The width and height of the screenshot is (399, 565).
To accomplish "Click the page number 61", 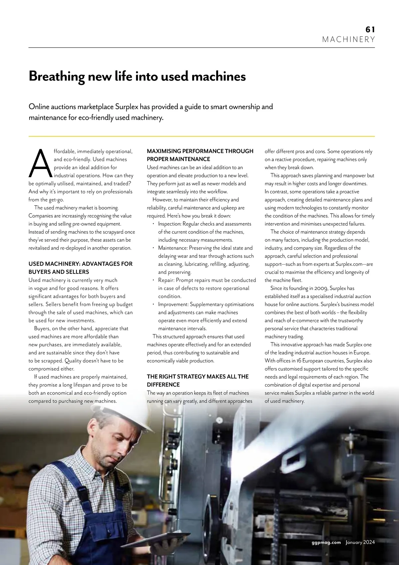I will [370, 29].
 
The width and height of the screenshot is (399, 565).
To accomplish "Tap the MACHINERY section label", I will [348, 40].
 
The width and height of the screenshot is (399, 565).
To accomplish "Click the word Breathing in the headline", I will [57, 77].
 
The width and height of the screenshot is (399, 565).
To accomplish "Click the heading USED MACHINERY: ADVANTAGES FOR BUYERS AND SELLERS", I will [80, 268].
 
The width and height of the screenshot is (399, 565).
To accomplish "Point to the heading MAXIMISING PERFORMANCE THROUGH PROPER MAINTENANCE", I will [200, 155].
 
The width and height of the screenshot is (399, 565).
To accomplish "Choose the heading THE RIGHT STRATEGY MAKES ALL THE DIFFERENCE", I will [198, 380].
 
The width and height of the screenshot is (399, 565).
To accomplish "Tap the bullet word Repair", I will [166, 280].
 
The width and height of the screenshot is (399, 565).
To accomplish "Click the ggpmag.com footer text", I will [326, 542].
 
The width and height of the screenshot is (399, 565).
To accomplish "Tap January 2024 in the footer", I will [360, 542].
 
